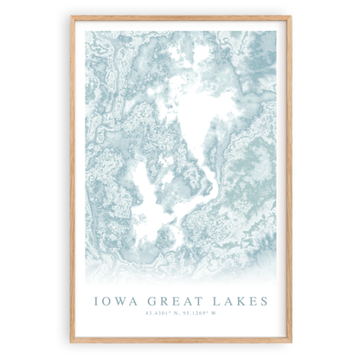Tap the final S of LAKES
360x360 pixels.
263,301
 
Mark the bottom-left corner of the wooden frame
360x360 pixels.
72,342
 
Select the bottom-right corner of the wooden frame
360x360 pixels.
290,342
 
